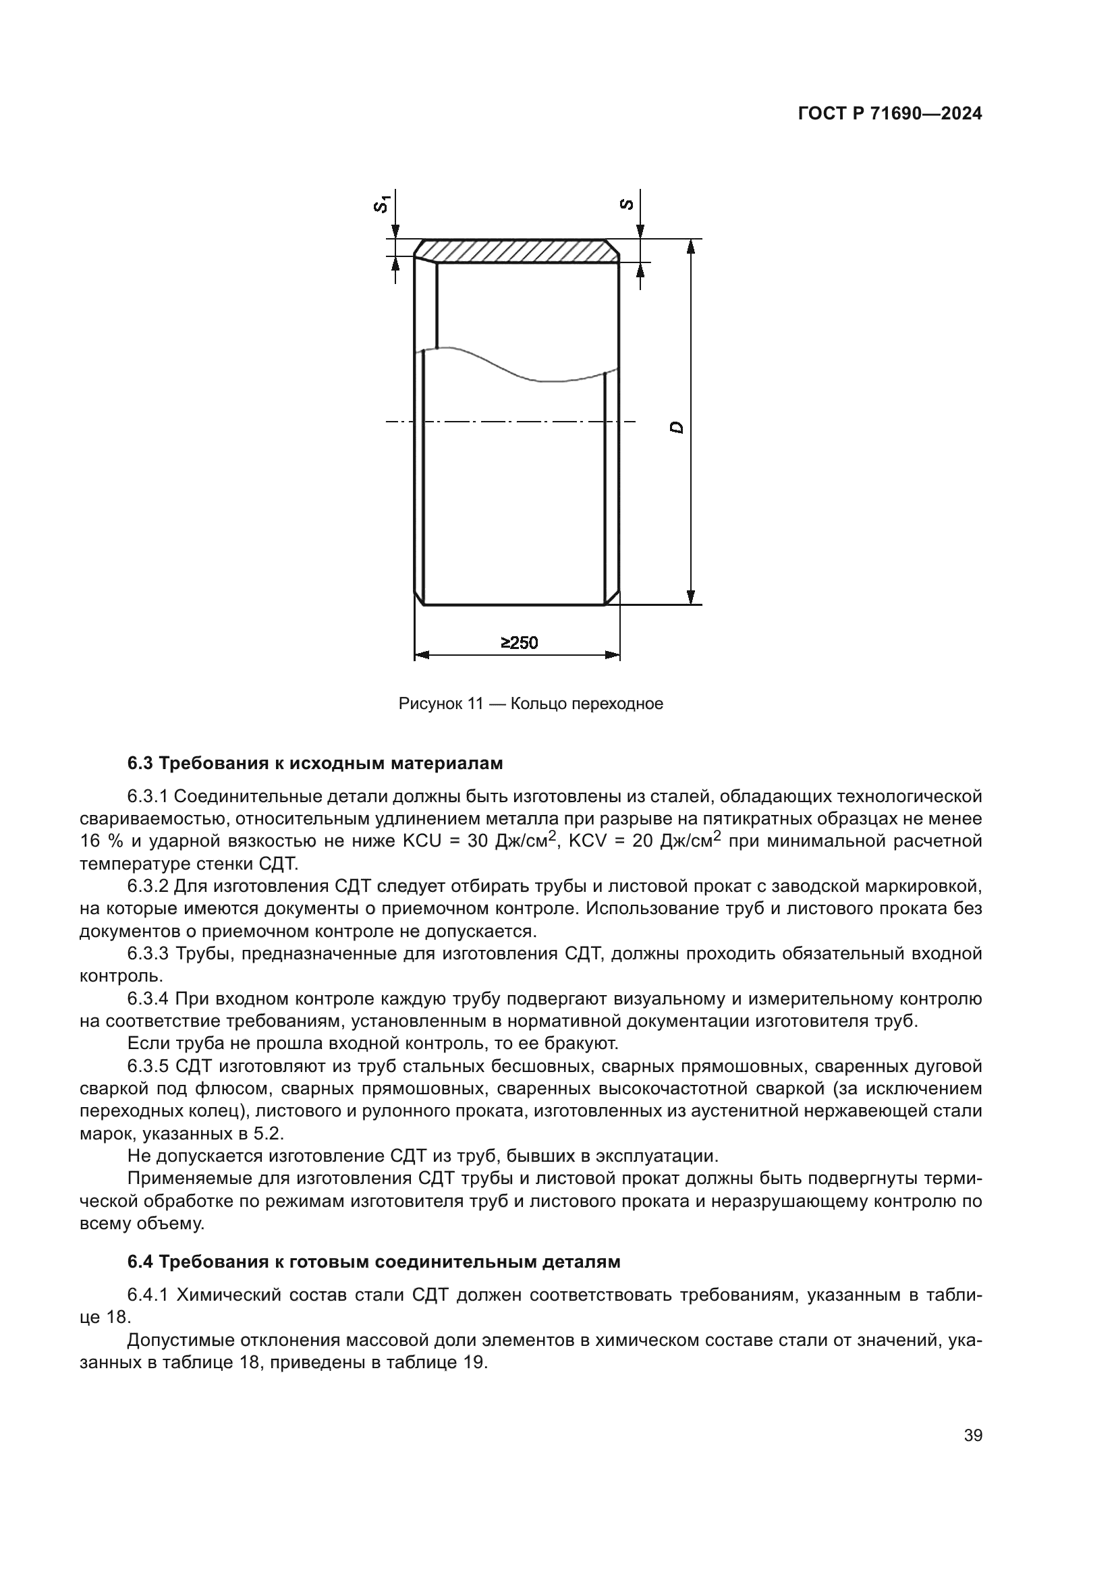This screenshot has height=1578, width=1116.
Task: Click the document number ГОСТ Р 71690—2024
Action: tap(889, 114)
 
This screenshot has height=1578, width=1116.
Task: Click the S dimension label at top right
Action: tap(626, 204)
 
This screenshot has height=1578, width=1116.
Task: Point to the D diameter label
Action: tap(677, 428)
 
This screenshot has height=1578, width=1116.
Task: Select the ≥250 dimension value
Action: tap(519, 643)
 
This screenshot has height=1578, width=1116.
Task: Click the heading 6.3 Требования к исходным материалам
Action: tap(315, 763)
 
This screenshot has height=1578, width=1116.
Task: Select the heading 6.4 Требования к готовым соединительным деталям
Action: tap(374, 1262)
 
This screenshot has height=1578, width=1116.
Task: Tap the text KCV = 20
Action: tap(609, 841)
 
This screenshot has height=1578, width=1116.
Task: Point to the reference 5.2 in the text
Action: tap(269, 1133)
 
